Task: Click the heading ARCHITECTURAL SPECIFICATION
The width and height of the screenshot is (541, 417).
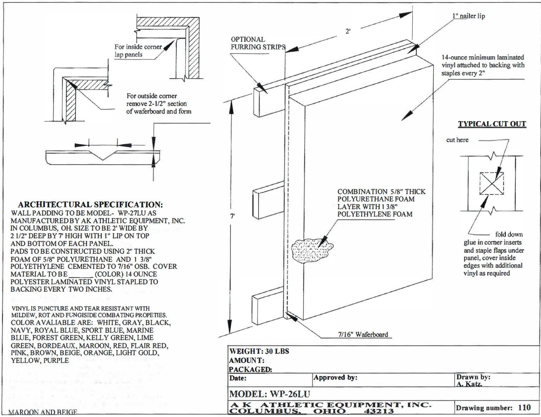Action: (90, 205)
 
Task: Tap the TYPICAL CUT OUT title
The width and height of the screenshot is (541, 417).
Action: (492, 124)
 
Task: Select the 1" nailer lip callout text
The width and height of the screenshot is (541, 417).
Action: (468, 16)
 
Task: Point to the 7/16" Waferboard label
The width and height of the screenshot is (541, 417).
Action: (363, 335)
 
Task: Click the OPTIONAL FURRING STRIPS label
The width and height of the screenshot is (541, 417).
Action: (258, 43)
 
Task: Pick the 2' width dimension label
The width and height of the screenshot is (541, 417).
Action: (348, 31)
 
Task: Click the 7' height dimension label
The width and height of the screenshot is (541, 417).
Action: (232, 216)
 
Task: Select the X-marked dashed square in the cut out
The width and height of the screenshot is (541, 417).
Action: (492, 184)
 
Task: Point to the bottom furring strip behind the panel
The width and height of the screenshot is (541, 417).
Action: (267, 303)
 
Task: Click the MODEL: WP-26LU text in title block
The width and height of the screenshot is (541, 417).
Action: (269, 394)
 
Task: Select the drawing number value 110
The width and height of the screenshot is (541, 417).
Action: (524, 408)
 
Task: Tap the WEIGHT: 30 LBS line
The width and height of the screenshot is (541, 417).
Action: (259, 351)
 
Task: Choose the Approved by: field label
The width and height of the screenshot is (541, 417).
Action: (335, 378)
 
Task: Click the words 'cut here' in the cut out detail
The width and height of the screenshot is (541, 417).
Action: (457, 140)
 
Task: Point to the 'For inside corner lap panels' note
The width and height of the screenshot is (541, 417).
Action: (138, 51)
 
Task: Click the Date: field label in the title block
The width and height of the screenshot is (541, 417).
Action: (238, 378)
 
